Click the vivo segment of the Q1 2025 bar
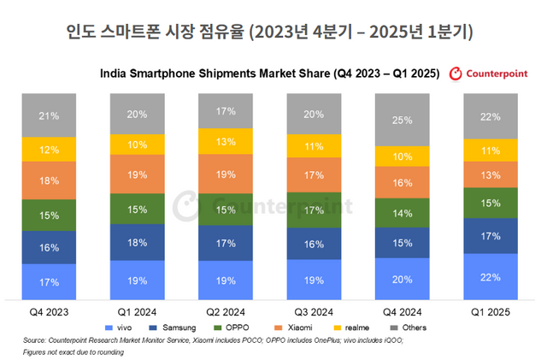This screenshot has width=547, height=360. pos(491,277)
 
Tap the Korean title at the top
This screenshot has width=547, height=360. pos(273,32)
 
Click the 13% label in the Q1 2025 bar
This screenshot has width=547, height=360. pos(491,175)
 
